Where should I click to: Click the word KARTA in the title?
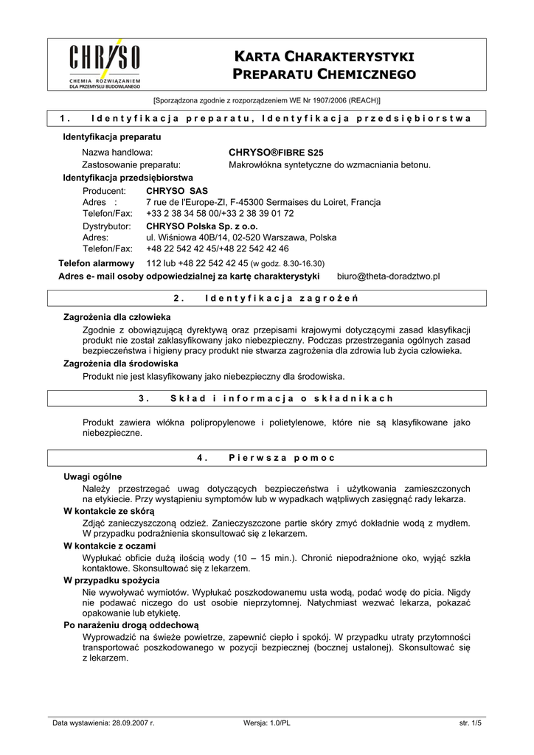[264, 57]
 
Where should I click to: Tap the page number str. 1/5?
[470, 723]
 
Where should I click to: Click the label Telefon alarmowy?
[97, 263]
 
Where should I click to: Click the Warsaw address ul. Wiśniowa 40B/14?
[240, 237]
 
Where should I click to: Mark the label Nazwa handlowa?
[117, 152]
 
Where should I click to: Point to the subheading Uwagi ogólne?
[93, 476]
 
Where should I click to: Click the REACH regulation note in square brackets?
[266, 100]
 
